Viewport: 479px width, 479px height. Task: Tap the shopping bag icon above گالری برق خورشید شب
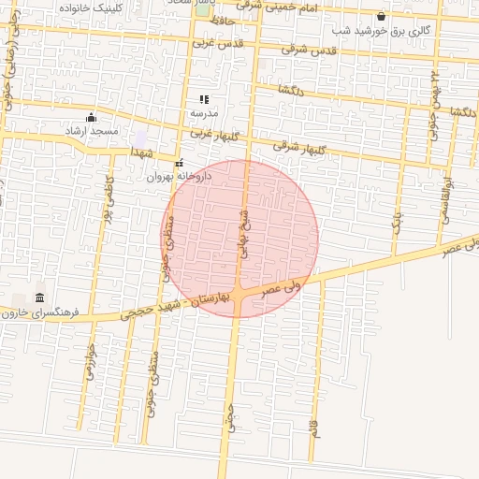pos(381,16)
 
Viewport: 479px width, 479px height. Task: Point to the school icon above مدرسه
pos(204,99)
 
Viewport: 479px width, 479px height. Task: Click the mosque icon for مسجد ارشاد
pos(91,117)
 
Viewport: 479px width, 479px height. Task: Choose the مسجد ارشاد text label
pos(92,131)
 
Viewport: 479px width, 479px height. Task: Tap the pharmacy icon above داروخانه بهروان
pos(179,163)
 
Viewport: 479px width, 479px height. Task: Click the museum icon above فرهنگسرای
pos(38,298)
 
